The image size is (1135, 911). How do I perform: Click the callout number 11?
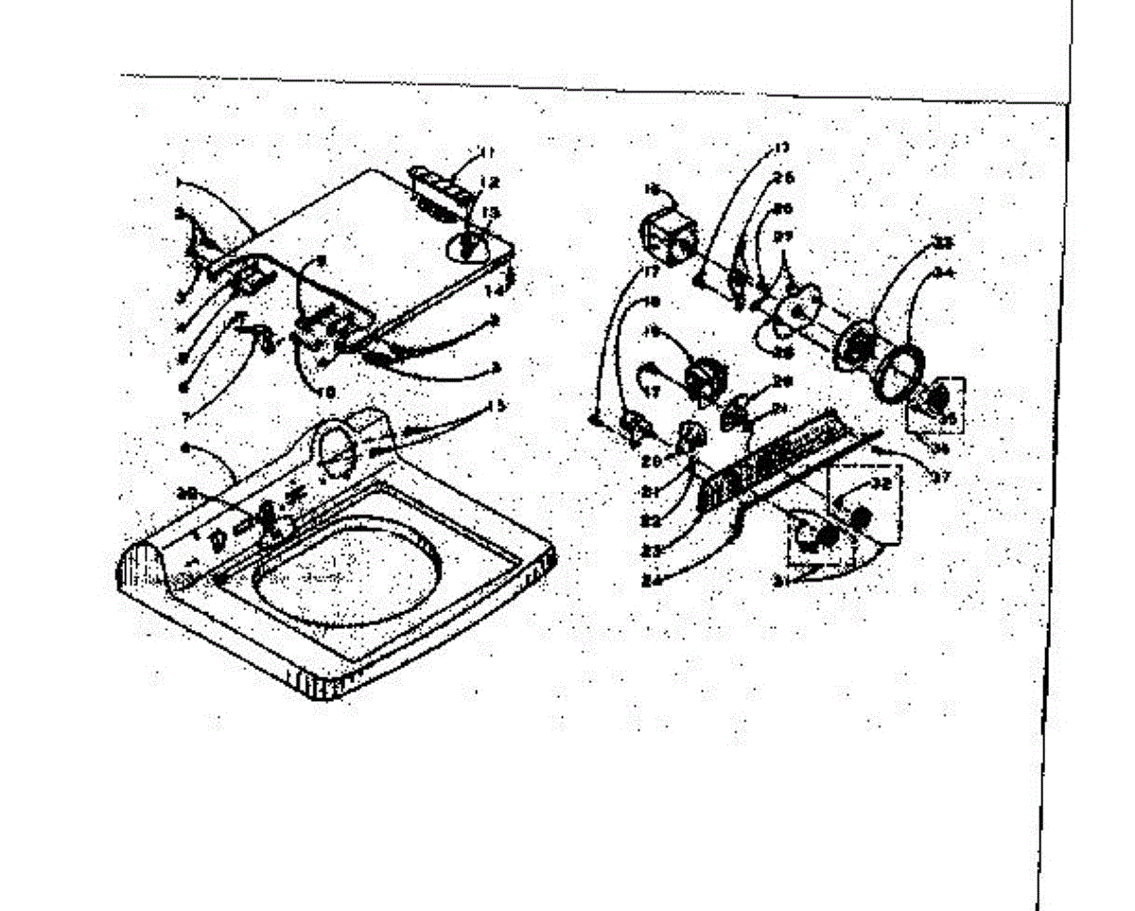[x=487, y=151]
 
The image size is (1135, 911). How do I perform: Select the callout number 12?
[x=489, y=183]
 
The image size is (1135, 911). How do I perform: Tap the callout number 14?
[x=495, y=291]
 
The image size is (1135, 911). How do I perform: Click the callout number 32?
[x=881, y=484]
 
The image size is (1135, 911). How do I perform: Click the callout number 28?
[x=781, y=352]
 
